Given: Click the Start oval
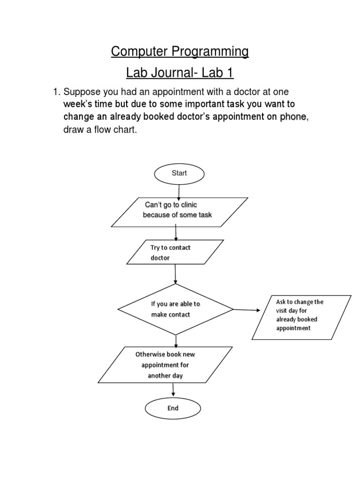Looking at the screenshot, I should (x=179, y=173).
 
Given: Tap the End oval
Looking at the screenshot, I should (x=173, y=408).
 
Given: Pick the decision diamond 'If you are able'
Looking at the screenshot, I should (x=175, y=309).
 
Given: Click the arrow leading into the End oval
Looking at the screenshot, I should (x=173, y=389).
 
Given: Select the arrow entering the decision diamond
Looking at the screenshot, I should (x=175, y=274).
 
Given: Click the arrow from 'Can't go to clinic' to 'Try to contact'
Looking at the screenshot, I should (x=176, y=232).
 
